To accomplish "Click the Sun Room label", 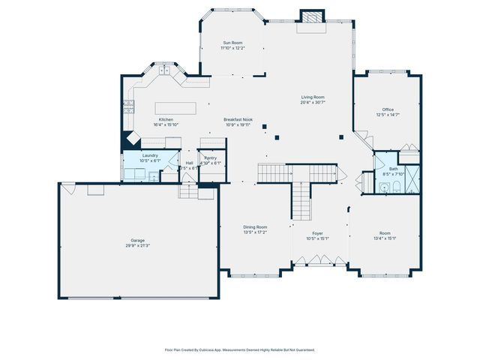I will [232, 43].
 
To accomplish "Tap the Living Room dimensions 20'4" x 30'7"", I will [313, 102].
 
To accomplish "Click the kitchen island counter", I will [175, 108].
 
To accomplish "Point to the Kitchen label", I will [166, 120].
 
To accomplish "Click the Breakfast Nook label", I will [237, 120].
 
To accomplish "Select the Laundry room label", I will [150, 155].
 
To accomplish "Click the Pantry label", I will [211, 157].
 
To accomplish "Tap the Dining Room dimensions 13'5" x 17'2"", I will [255, 232].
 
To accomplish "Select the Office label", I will [388, 109].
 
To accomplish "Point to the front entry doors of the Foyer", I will [312, 262].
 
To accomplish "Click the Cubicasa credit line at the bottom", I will [240, 349].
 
